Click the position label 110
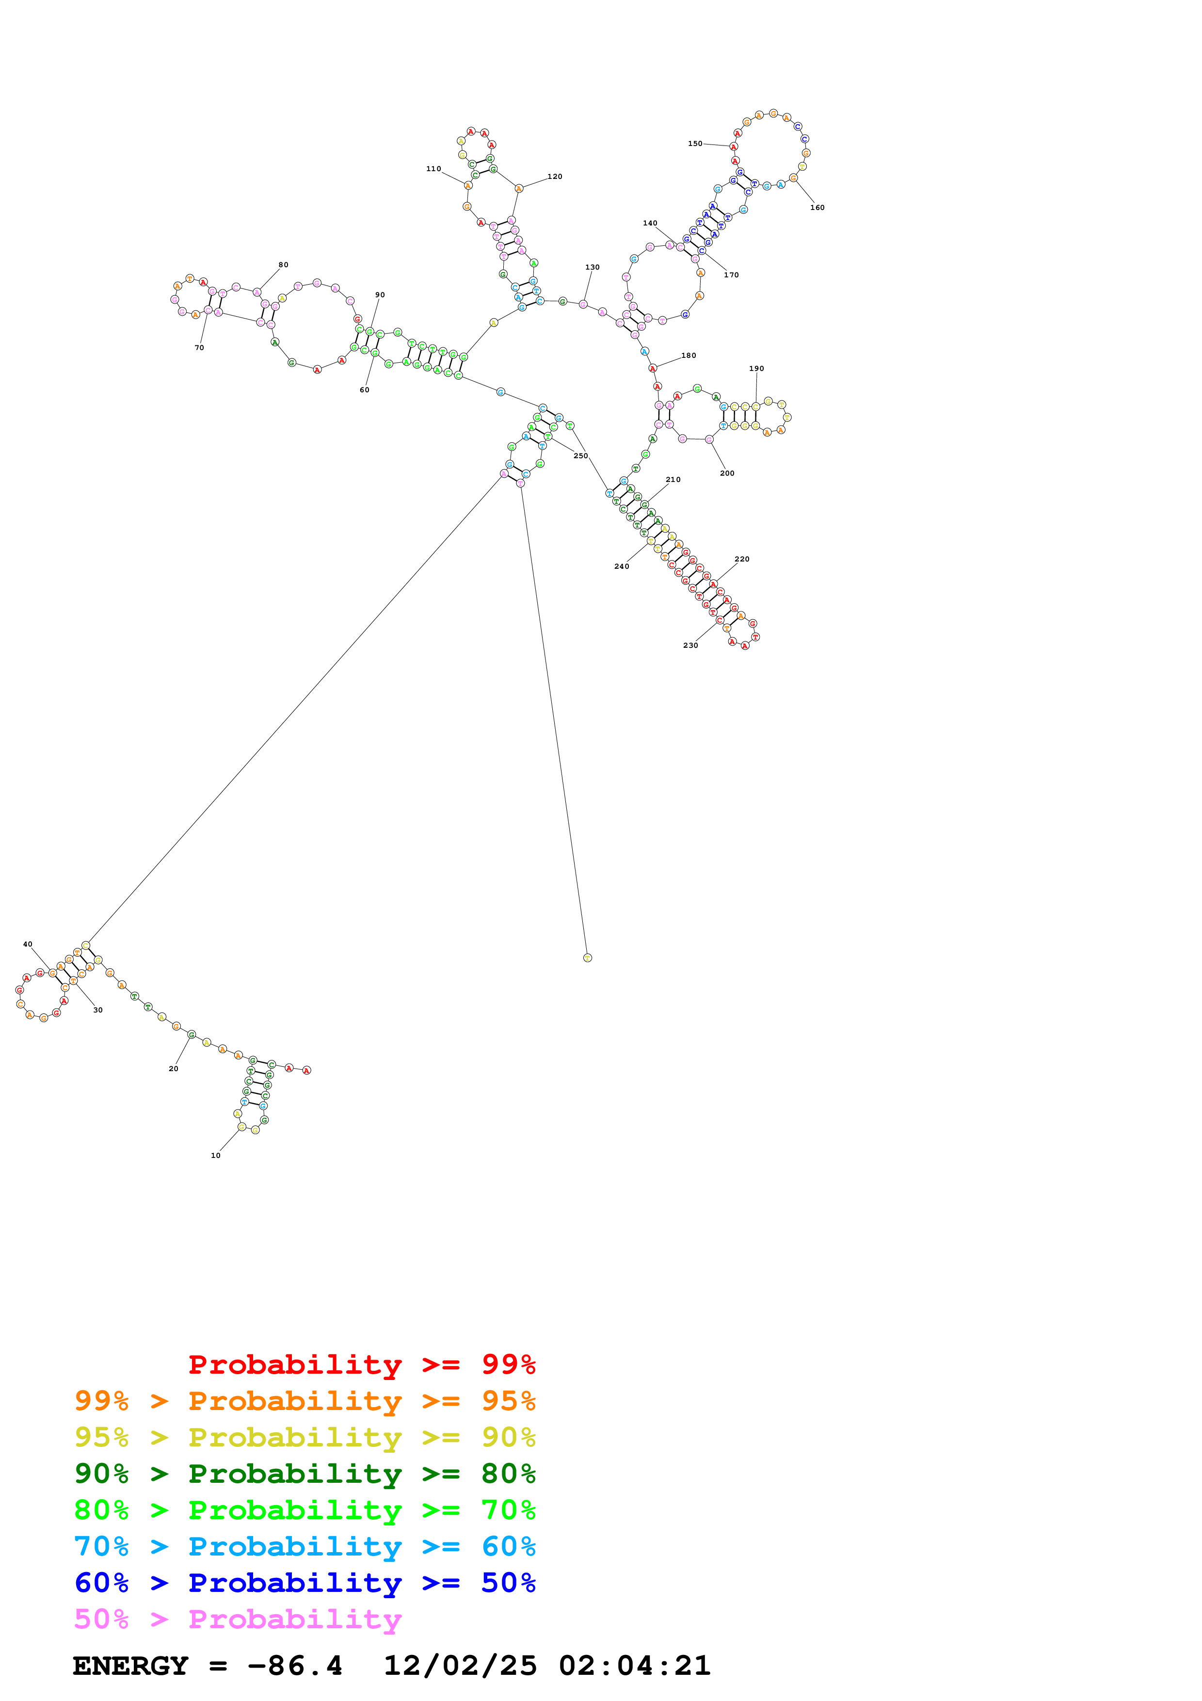click(x=433, y=169)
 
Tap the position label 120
click(x=555, y=177)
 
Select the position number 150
click(x=695, y=144)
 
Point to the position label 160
click(x=817, y=208)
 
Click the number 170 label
click(x=731, y=275)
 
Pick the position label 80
click(x=283, y=264)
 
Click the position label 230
click(x=690, y=645)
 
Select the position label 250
click(x=580, y=456)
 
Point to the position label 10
click(x=215, y=1155)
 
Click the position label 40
click(x=28, y=944)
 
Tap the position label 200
click(x=727, y=473)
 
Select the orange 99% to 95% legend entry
click(x=305, y=1401)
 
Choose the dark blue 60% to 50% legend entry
click(x=305, y=1583)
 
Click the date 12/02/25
click(x=460, y=1666)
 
